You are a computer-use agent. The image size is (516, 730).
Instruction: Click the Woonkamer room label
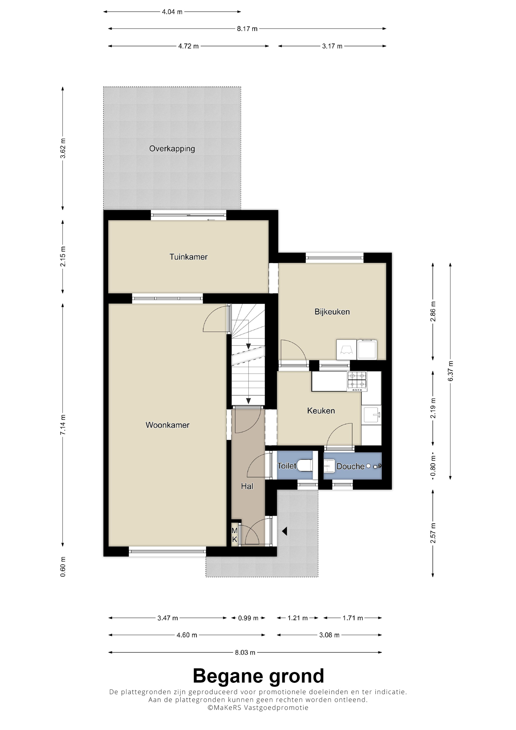tap(167, 425)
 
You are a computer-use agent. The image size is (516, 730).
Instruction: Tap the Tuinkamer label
tap(188, 257)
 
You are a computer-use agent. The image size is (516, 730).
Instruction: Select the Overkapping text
tap(172, 149)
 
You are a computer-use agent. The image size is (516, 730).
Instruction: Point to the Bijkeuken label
tap(332, 312)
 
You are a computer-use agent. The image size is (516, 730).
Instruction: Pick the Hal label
tap(247, 486)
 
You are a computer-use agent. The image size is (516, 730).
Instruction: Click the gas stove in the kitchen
tap(357, 381)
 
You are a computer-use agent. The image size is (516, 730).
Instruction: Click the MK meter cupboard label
tap(235, 535)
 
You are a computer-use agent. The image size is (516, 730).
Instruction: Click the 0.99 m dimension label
tap(248, 618)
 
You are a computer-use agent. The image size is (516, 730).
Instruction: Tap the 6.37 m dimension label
tap(450, 371)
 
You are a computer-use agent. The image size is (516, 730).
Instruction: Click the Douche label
tap(350, 466)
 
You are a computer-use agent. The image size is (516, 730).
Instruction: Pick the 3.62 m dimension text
tap(63, 148)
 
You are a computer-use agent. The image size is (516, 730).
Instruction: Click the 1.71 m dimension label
tap(353, 618)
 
